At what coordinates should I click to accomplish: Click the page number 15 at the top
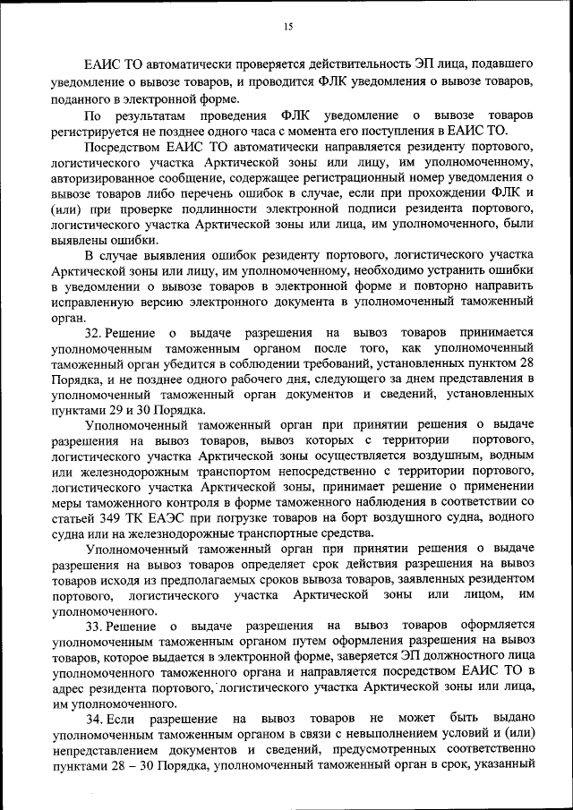click(287, 28)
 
